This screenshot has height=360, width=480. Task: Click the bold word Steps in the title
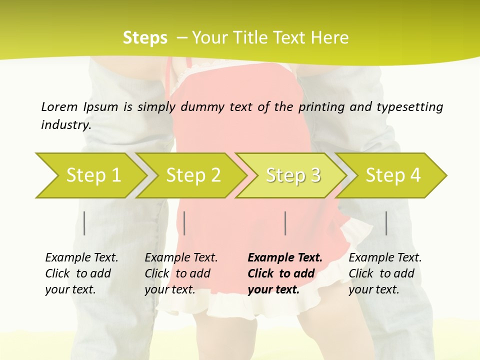coord(145,38)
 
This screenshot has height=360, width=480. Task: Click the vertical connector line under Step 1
coord(84,223)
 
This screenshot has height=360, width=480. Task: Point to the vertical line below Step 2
coord(184,223)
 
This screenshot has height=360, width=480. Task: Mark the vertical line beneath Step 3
coord(285,223)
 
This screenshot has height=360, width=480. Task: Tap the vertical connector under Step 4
coord(386,223)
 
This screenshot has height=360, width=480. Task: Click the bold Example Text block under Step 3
coord(284,273)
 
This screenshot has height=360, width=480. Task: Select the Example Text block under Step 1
coord(81,273)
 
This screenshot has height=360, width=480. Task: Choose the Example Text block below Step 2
coord(181,273)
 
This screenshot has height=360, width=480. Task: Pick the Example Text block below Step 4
coord(385,273)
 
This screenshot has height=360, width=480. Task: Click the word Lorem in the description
coord(59,107)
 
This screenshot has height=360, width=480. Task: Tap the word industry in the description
coord(65,125)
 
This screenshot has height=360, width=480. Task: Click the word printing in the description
coord(320,107)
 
